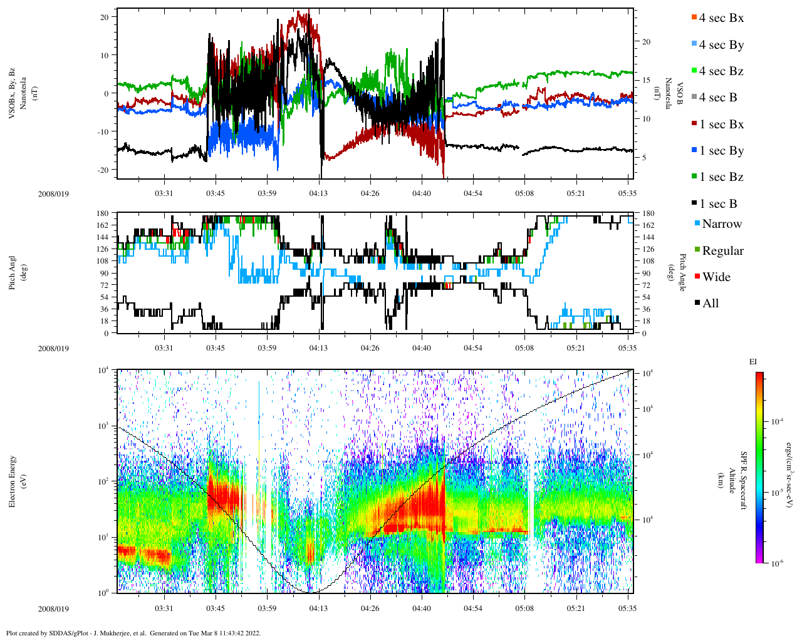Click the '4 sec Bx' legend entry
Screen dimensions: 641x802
721,18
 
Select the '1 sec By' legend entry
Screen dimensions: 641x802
721,151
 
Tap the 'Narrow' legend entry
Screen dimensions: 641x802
721,224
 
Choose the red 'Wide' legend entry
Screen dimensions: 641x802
716,277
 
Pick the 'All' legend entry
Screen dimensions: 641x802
710,304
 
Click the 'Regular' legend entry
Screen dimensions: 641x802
722,251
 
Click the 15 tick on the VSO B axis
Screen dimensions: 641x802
647,80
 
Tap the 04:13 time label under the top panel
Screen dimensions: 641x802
318,193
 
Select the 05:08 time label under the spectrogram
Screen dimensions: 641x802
524,608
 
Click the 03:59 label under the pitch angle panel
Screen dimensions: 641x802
267,348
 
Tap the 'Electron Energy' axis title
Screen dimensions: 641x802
13,481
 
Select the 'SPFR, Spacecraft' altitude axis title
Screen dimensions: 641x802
744,481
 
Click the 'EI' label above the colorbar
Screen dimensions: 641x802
753,362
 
